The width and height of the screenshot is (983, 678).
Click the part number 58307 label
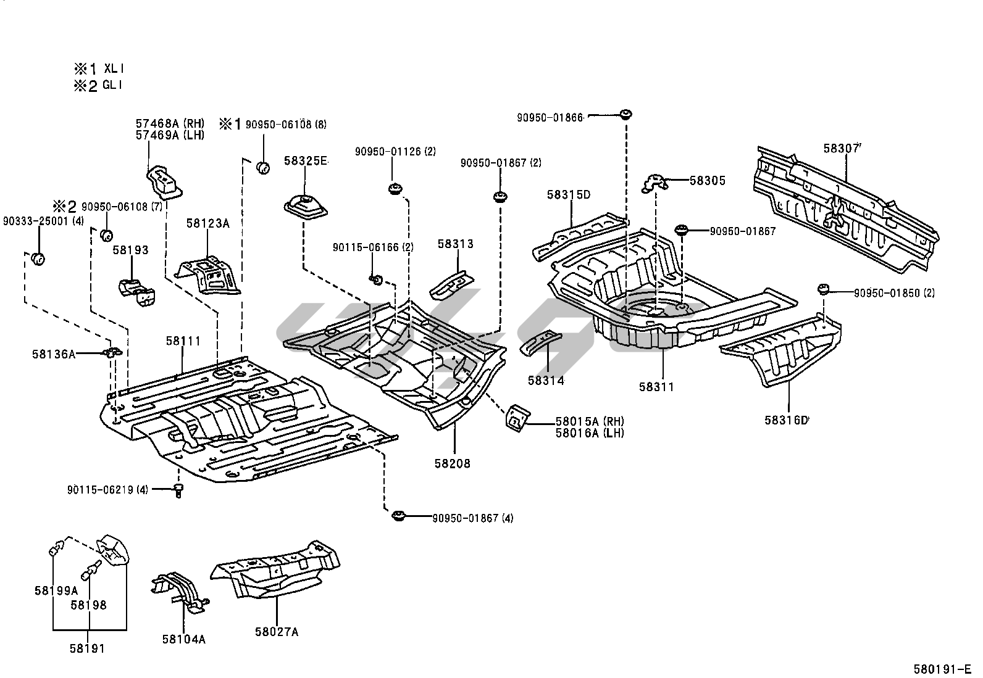tap(842, 149)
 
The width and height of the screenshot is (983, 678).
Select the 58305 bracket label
tap(707, 181)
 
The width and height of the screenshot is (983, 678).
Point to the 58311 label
tap(656, 387)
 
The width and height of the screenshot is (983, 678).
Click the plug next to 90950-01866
tap(626, 114)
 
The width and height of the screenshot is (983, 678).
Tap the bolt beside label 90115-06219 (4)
tap(178, 490)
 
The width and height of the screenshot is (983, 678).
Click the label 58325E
tap(305, 161)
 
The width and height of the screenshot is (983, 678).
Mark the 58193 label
tap(130, 250)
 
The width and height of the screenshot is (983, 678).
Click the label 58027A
tap(276, 632)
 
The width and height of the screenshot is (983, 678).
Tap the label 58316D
tap(786, 420)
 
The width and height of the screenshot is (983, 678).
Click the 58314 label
tap(546, 381)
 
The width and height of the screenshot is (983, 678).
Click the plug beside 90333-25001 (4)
tap(38, 258)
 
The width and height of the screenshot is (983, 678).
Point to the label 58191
tap(87, 648)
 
